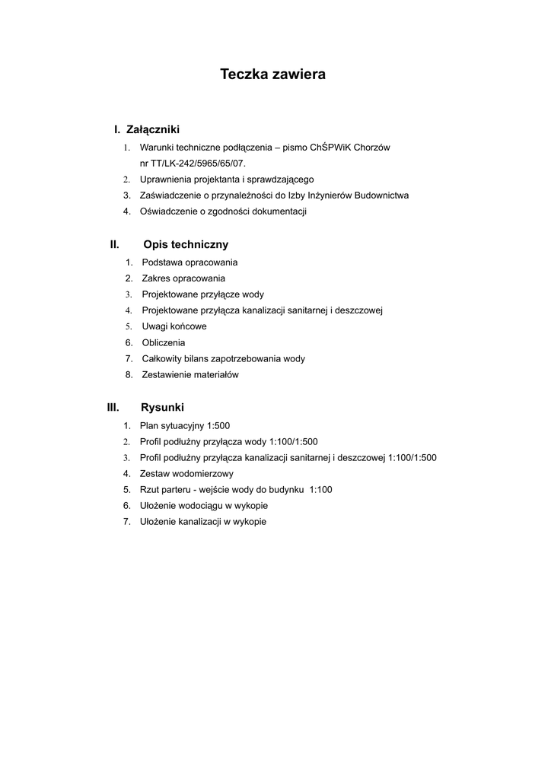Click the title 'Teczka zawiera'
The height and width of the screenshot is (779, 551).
pyautogui.click(x=272, y=75)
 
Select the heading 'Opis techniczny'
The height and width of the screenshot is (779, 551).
pyautogui.click(x=186, y=245)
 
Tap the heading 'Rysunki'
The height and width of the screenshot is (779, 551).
pyautogui.click(x=162, y=408)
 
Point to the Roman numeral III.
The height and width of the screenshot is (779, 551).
pyautogui.click(x=113, y=408)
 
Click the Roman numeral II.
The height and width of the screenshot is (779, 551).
pyautogui.click(x=114, y=245)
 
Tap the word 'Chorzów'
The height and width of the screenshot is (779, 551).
pyautogui.click(x=373, y=148)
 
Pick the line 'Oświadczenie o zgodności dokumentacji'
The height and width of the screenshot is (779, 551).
pyautogui.click(x=223, y=211)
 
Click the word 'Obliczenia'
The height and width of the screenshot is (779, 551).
pyautogui.click(x=164, y=343)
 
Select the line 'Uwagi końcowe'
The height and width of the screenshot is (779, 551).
pyautogui.click(x=174, y=327)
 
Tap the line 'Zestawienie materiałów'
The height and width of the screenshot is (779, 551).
pyautogui.click(x=190, y=375)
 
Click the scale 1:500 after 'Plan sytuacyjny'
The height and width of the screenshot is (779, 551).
pyautogui.click(x=218, y=426)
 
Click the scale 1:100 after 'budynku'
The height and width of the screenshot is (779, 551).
pyautogui.click(x=321, y=490)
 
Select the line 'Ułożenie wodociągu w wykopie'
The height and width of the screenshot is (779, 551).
pyautogui.click(x=204, y=506)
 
